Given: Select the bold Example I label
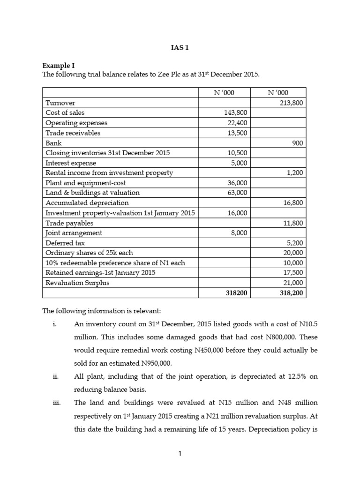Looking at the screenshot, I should click(x=59, y=66).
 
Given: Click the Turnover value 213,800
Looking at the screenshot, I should click(x=292, y=103).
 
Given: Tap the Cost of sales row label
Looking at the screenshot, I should click(x=65, y=112).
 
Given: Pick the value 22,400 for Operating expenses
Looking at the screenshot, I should click(x=238, y=123).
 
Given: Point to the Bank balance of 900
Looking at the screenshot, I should click(x=297, y=142).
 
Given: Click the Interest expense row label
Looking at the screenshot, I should click(x=71, y=163).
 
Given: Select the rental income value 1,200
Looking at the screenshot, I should click(x=294, y=173).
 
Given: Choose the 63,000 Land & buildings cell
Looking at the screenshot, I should click(x=238, y=193).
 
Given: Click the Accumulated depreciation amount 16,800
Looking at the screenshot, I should click(x=293, y=203).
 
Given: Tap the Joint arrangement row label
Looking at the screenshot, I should click(x=74, y=233).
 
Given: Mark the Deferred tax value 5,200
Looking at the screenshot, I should click(x=294, y=243).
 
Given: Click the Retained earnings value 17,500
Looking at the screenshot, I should click(x=293, y=273).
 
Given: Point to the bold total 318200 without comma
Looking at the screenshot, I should click(x=237, y=293).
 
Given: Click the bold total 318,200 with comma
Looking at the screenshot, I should click(x=292, y=293).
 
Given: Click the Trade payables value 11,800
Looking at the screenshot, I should click(x=293, y=223).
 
